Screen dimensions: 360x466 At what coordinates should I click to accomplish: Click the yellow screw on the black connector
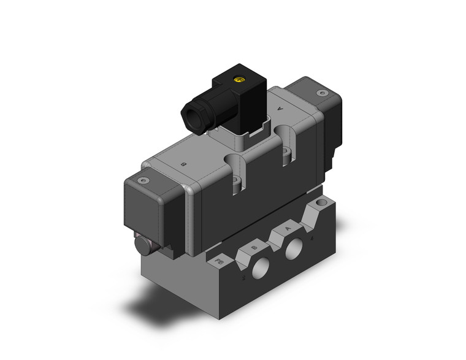tap(238, 79)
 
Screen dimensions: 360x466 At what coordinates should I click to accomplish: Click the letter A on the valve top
tap(280, 109)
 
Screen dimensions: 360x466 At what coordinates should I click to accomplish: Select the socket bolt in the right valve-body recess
tap(285, 153)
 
